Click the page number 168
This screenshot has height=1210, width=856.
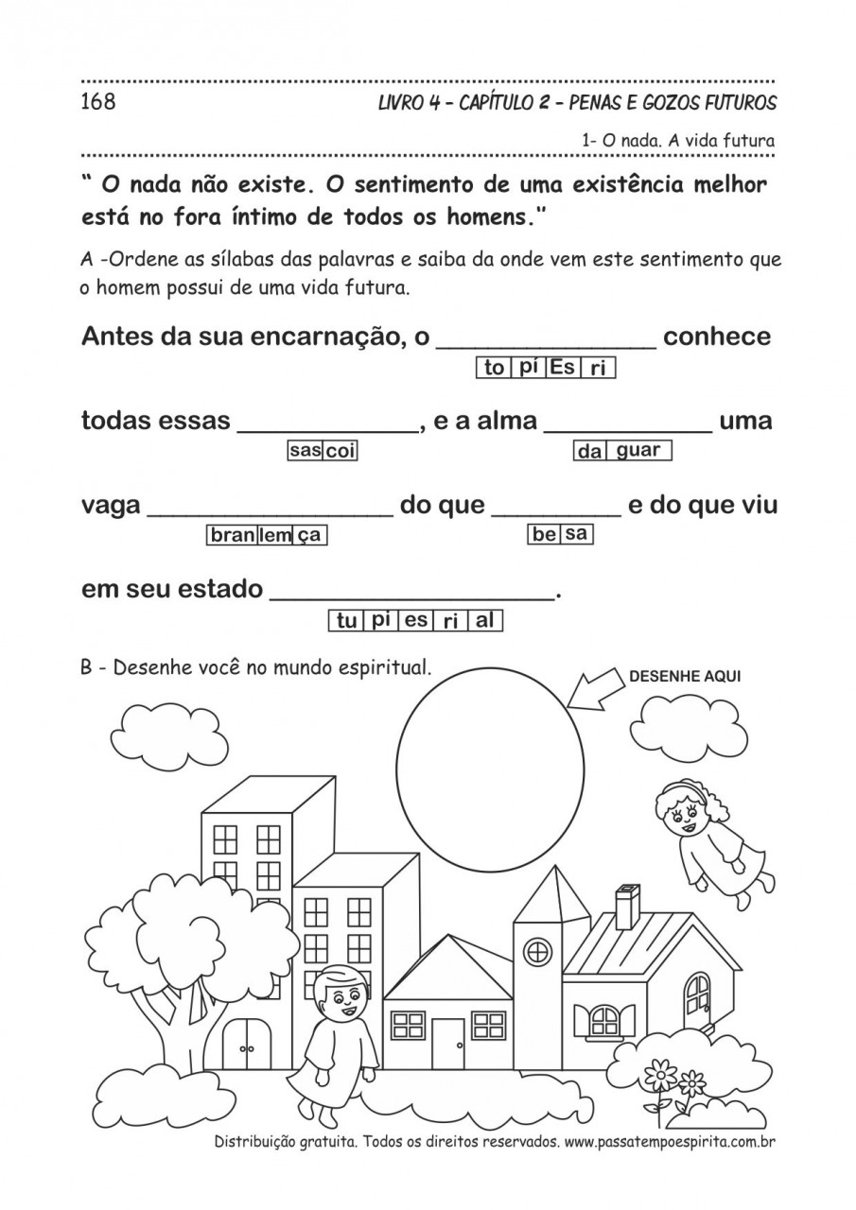[98, 102]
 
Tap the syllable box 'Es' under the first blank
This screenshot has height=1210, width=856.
[562, 368]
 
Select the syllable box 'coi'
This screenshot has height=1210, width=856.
[341, 452]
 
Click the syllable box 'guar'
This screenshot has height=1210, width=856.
[638, 451]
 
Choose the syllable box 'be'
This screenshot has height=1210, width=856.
[545, 535]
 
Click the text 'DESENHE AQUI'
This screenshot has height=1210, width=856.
[685, 676]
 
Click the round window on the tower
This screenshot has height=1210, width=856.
[538, 952]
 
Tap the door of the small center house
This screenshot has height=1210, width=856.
[448, 1043]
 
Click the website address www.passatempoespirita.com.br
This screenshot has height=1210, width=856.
[670, 1143]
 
